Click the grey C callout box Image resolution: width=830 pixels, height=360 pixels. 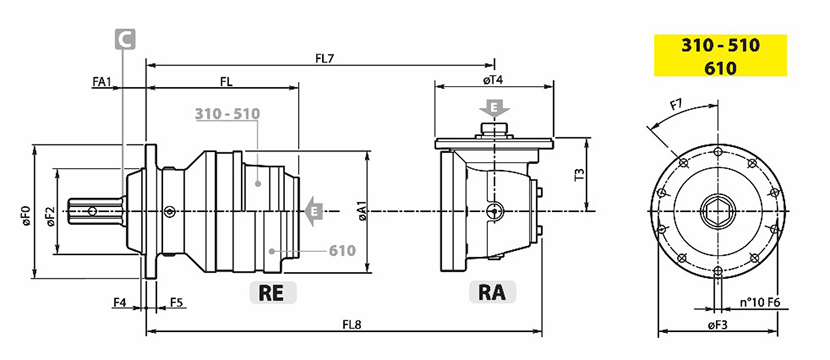click(x=125, y=40)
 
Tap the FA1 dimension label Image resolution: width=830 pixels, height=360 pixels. click(x=102, y=81)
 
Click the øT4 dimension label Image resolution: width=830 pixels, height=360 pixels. click(x=493, y=80)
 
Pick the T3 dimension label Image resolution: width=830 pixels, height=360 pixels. click(x=579, y=174)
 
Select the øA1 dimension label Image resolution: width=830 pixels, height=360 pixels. click(x=362, y=211)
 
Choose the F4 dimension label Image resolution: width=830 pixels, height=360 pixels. click(x=120, y=302)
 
